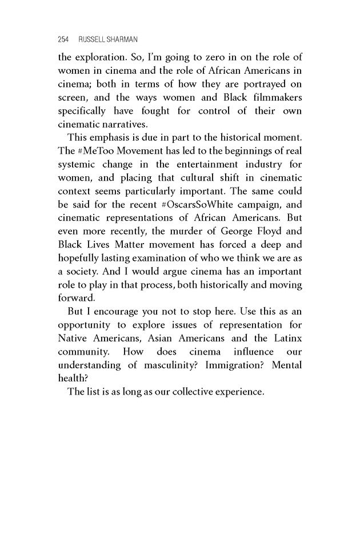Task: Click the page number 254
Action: [x=63, y=39]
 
